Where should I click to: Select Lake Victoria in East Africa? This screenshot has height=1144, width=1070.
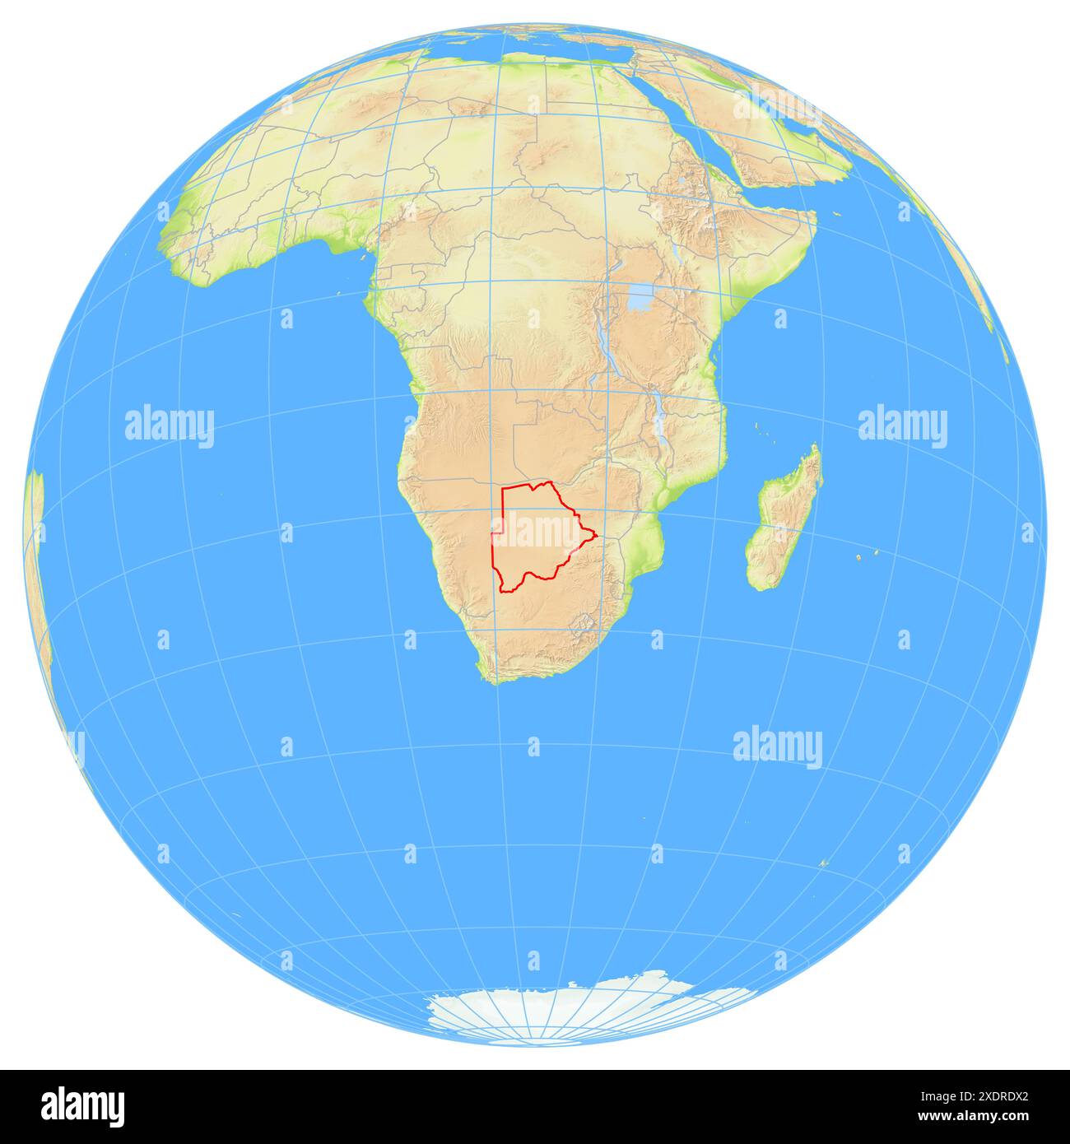(x=640, y=298)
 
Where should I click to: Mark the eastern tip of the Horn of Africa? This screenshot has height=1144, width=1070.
(x=815, y=216)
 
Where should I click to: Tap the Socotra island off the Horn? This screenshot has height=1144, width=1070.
(x=835, y=216)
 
